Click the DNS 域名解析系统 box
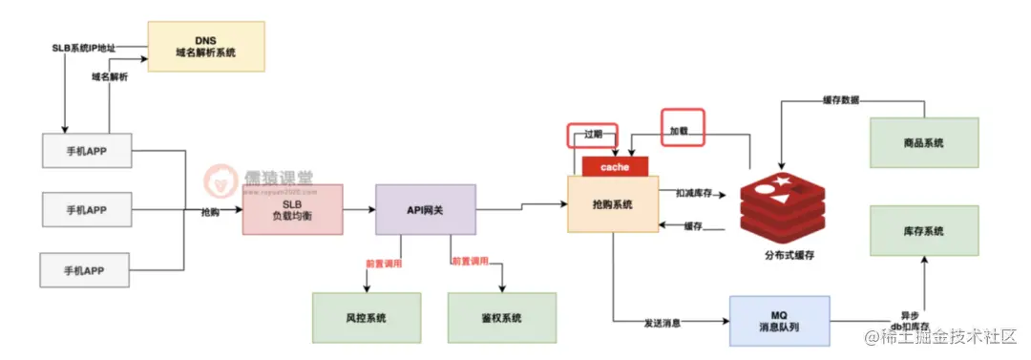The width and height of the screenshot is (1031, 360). (x=205, y=46)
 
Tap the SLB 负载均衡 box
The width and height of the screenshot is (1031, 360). (x=292, y=209)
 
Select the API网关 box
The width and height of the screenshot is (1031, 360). (x=425, y=209)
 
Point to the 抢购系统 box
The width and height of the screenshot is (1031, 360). (x=613, y=204)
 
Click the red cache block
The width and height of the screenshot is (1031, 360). (x=615, y=166)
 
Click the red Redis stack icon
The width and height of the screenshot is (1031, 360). (x=780, y=202)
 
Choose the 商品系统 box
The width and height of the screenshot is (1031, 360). (x=923, y=142)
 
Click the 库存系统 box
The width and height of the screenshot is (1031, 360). (x=923, y=231)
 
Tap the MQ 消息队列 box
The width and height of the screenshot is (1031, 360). (x=779, y=319)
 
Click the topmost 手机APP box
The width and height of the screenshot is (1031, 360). (x=88, y=151)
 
